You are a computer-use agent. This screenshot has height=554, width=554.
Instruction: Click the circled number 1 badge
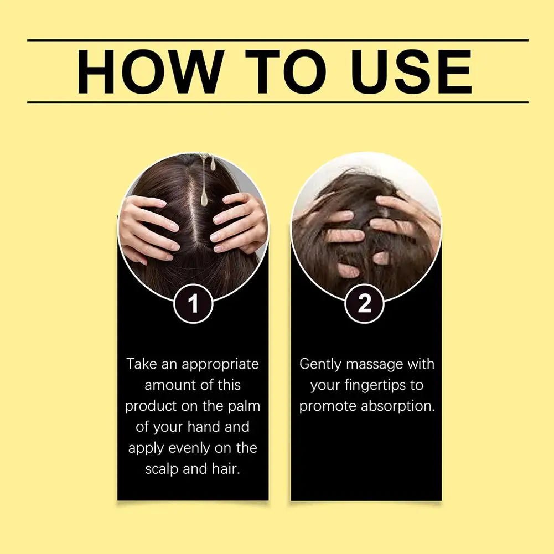point(193,304)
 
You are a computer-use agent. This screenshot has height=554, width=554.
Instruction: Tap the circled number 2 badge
point(365,304)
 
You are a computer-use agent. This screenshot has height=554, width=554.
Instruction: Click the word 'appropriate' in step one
point(220,364)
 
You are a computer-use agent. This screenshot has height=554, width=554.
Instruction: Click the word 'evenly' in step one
point(190,447)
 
